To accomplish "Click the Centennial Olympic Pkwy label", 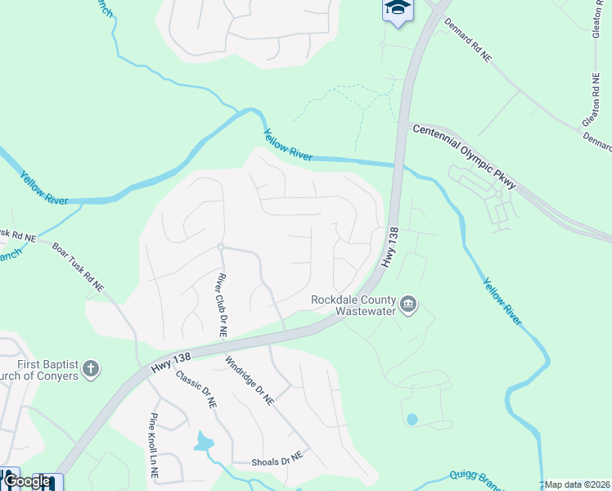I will click(x=464, y=155).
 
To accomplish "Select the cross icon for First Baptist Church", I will click(x=90, y=370).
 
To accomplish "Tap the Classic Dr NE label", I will click(x=196, y=390).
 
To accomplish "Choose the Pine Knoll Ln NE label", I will click(x=154, y=446).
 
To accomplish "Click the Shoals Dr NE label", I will click(x=277, y=457).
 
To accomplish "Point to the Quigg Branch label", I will click(x=474, y=479).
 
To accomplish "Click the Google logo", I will click(x=27, y=481).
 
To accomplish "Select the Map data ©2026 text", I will click(x=578, y=484).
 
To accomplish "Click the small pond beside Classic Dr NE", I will click(x=203, y=444).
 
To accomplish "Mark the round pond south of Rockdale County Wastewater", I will click(x=412, y=419).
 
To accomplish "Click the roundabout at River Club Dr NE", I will click(x=221, y=246).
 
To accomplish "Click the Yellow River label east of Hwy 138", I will click(x=502, y=302).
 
